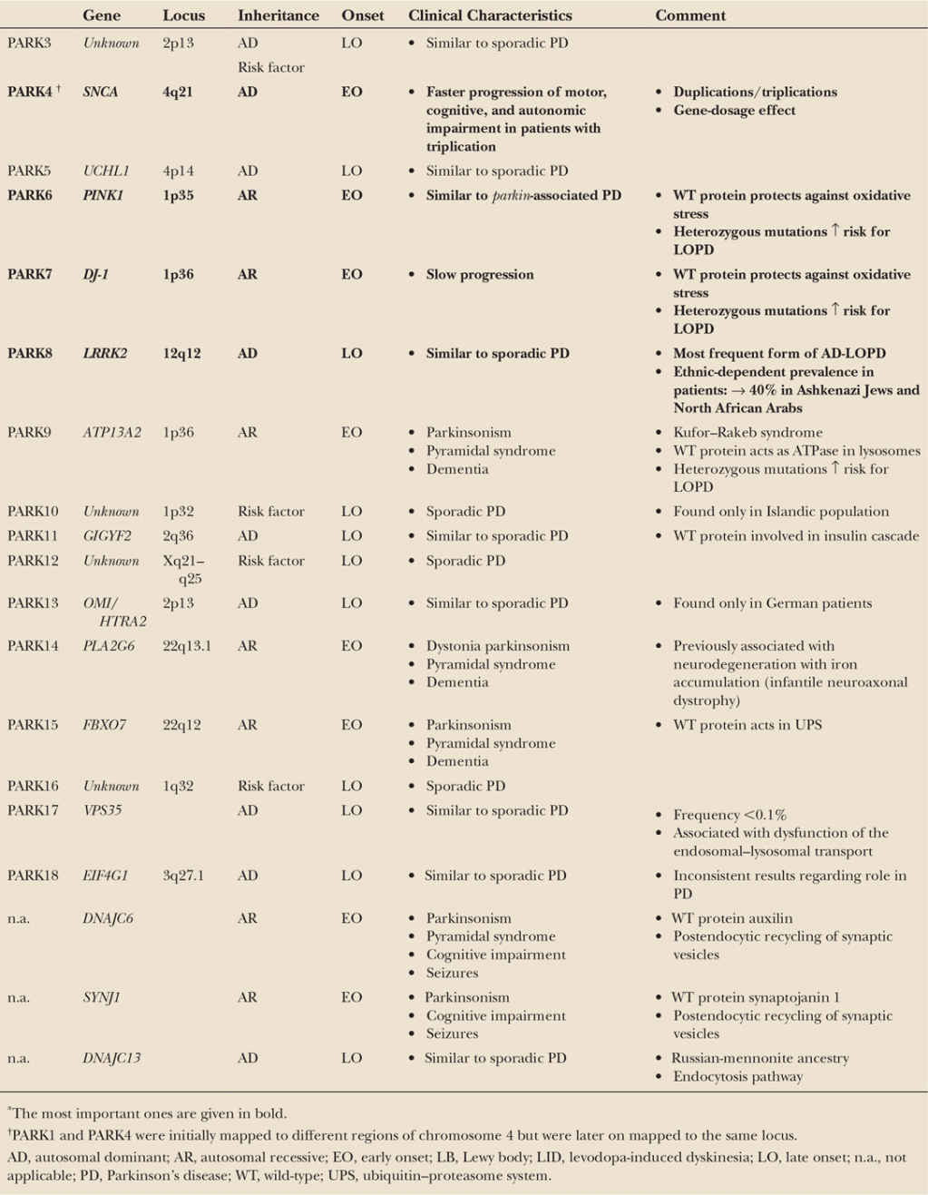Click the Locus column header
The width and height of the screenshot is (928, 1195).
click(x=183, y=15)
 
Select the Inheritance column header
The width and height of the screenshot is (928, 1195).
click(x=278, y=15)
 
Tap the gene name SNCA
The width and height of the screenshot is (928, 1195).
click(x=100, y=92)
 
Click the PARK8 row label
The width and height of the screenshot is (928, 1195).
click(x=30, y=353)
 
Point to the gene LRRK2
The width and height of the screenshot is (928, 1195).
click(x=105, y=353)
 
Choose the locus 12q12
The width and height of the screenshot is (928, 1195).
click(x=181, y=353)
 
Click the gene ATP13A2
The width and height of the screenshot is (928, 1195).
click(x=112, y=432)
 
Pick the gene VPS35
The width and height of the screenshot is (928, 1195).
click(x=102, y=810)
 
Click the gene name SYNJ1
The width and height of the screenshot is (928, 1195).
click(x=101, y=997)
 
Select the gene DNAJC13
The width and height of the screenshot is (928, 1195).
click(x=112, y=1058)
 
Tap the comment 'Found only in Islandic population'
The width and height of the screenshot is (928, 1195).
click(x=780, y=512)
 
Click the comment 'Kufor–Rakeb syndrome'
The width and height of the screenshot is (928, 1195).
click(x=747, y=432)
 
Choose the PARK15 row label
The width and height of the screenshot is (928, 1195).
click(x=33, y=725)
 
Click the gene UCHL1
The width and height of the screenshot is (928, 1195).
click(x=106, y=171)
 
